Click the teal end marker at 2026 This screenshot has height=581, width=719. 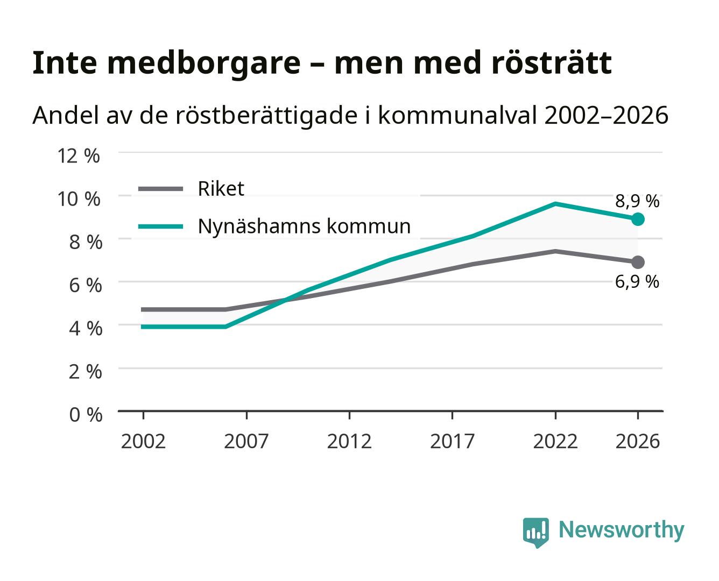click(638, 219)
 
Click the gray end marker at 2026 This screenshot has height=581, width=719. click(638, 262)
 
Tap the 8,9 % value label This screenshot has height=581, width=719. click(637, 201)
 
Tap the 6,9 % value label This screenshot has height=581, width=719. click(637, 282)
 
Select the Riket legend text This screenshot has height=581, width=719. click(221, 189)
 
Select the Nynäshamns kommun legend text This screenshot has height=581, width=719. click(304, 226)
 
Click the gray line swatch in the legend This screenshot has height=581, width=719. click(161, 189)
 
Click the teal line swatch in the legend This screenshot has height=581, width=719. click(161, 226)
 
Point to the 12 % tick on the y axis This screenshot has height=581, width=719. click(79, 156)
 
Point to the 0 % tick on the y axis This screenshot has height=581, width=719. click(86, 415)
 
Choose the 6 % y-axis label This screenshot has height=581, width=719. click(86, 286)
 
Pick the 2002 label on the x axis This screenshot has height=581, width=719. click(143, 442)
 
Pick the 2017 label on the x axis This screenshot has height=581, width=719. click(452, 442)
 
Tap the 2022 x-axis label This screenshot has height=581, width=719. click(555, 442)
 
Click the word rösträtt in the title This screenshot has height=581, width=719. click(551, 63)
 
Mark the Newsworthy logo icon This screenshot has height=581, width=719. click(535, 533)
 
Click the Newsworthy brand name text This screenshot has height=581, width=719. click(622, 530)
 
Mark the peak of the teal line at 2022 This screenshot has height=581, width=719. click(555, 204)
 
